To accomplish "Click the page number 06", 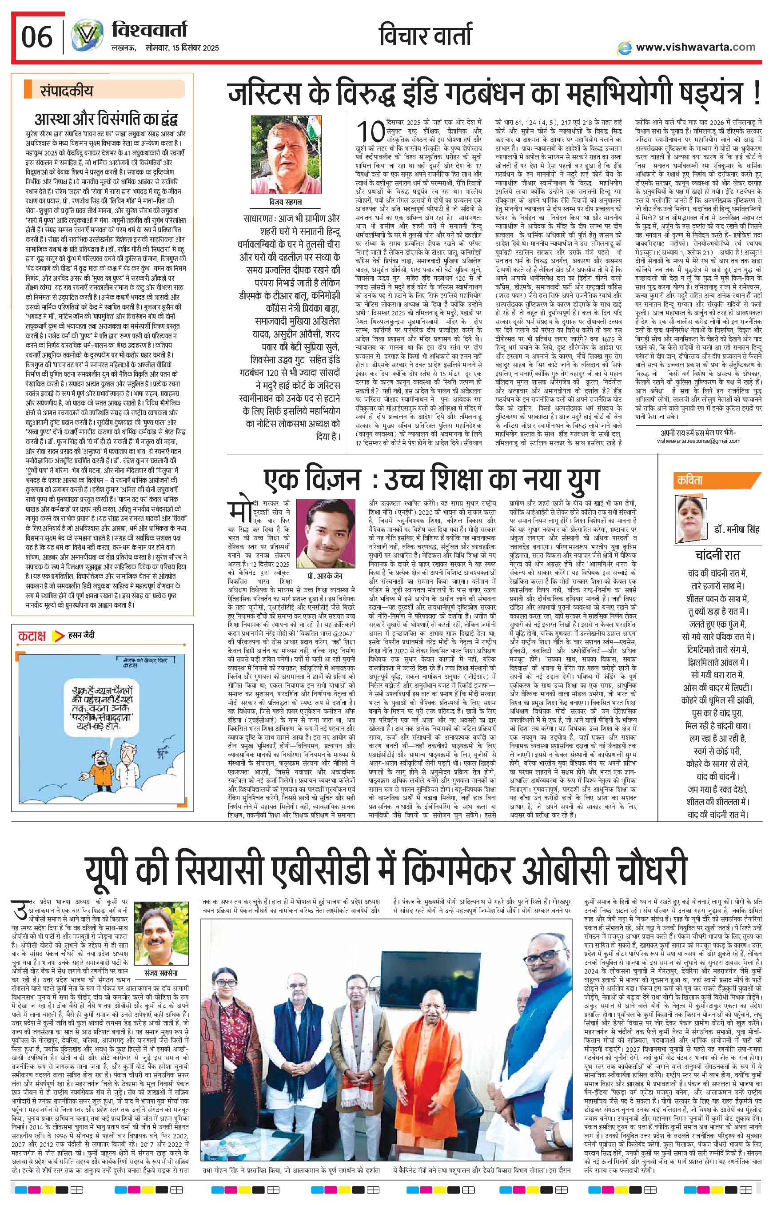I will pos(36,37).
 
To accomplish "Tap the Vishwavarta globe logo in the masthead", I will pos(85,38).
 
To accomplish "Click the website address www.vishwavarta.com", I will pos(695,47).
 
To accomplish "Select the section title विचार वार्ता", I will pos(426,36).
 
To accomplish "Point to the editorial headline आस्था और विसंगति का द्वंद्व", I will pos(106,120).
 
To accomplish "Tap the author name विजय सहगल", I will pos(286,202).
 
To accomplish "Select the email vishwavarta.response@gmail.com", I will pos(698,441).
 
